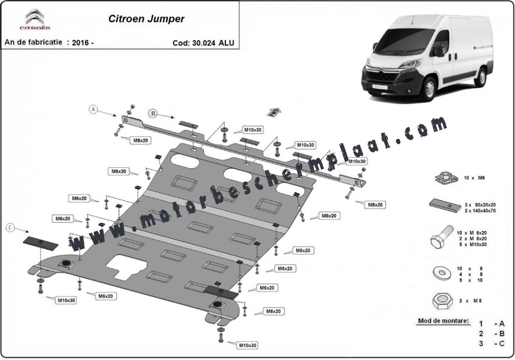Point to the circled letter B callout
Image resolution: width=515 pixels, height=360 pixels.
click(x=153, y=114)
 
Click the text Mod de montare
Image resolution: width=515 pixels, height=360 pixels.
click(x=443, y=321)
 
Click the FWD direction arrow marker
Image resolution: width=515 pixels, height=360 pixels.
click(x=273, y=112)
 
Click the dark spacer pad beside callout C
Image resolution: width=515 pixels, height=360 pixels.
click(x=40, y=243)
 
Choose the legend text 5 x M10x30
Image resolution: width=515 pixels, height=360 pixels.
click(x=472, y=245)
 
